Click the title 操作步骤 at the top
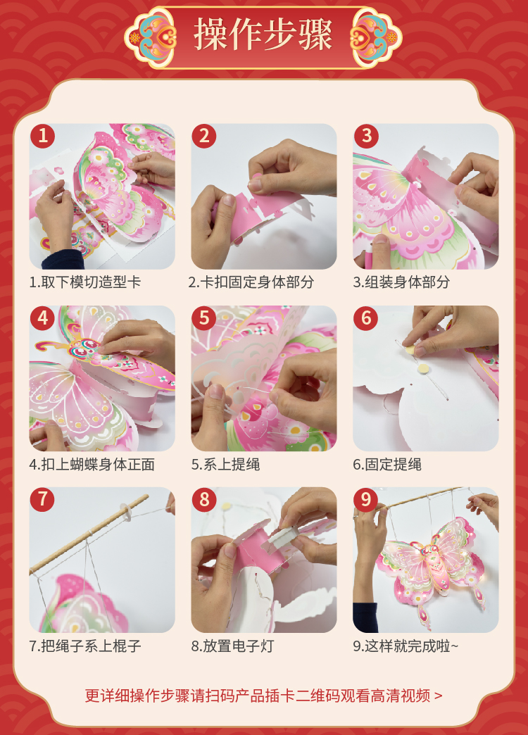click(263, 34)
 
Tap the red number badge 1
click(43, 136)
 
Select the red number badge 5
click(204, 318)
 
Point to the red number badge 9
click(366, 500)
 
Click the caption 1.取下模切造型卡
click(85, 282)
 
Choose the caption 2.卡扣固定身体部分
click(251, 282)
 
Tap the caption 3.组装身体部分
click(401, 282)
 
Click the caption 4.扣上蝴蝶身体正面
click(92, 464)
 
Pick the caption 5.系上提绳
click(225, 464)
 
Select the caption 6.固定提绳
click(387, 464)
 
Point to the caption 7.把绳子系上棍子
click(85, 646)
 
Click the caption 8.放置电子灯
click(232, 646)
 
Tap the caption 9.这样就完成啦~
click(406, 646)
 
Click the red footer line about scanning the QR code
click(263, 696)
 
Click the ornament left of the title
click(151, 37)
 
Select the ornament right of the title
click(376, 37)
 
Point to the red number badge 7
click(43, 500)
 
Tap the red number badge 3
click(366, 136)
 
